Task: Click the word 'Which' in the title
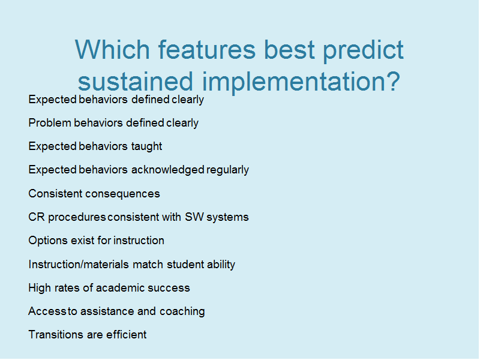point(112,49)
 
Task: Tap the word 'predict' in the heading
point(364,51)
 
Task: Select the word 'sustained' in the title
point(136,82)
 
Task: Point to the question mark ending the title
point(391,81)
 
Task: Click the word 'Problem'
point(50,123)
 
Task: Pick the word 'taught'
point(146,146)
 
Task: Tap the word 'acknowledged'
point(168,170)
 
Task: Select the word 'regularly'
point(227,170)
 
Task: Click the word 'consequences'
point(122,194)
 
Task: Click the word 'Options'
point(48,241)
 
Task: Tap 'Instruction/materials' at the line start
point(79,265)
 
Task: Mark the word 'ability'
point(221,265)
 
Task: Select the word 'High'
point(40,288)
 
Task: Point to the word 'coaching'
point(182,311)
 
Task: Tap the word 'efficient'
point(127,335)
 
